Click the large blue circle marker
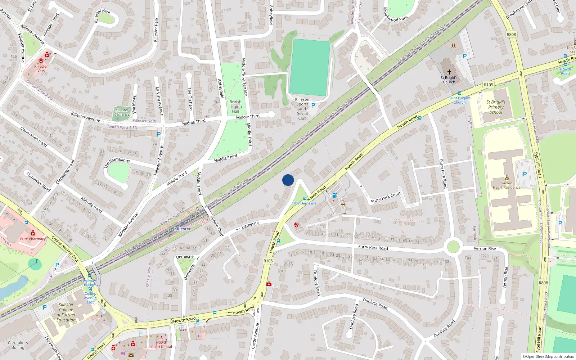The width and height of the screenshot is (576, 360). [x=288, y=180]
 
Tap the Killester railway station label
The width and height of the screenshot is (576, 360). [x=183, y=229]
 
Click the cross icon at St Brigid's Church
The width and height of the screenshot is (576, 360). [x=449, y=72]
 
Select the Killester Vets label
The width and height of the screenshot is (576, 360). [x=41, y=68]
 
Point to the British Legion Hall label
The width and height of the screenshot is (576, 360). [x=235, y=107]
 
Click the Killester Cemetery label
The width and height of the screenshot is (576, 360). [x=122, y=112]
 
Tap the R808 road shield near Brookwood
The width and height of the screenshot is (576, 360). [x=511, y=35]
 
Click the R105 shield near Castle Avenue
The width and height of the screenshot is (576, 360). [x=268, y=261]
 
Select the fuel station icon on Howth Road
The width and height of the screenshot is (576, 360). [x=334, y=195]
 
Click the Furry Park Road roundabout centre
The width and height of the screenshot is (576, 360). [x=453, y=247]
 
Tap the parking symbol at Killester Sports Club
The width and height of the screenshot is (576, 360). [x=313, y=105]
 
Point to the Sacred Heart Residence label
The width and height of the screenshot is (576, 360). [x=507, y=185]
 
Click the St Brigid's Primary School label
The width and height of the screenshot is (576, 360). [x=496, y=107]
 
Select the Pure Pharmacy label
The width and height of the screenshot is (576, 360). [x=33, y=239]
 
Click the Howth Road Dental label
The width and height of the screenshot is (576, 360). [x=161, y=345]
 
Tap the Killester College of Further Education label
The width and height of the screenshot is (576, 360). [x=66, y=312]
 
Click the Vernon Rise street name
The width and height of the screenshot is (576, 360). [x=485, y=248]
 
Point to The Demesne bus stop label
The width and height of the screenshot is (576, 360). [x=305, y=203]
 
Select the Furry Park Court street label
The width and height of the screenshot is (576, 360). [x=386, y=197]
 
